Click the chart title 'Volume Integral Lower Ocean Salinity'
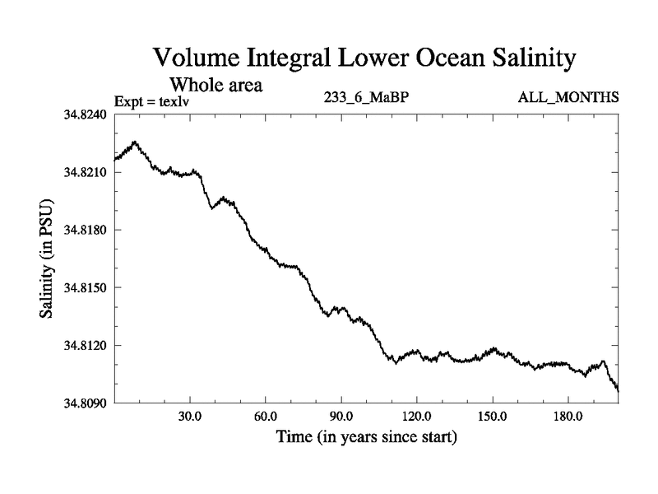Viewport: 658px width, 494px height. (363, 59)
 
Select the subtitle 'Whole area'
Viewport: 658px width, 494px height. (215, 84)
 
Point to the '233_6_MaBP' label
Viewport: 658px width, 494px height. (366, 97)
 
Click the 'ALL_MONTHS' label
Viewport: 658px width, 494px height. (568, 97)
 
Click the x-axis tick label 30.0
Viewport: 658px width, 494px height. (190, 416)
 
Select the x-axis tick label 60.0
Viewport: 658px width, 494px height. (266, 416)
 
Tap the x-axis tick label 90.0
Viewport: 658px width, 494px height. (341, 416)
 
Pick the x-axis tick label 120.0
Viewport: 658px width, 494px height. (416, 416)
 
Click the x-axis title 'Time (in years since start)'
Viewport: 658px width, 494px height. (366, 436)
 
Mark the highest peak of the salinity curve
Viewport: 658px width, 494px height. (134, 142)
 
